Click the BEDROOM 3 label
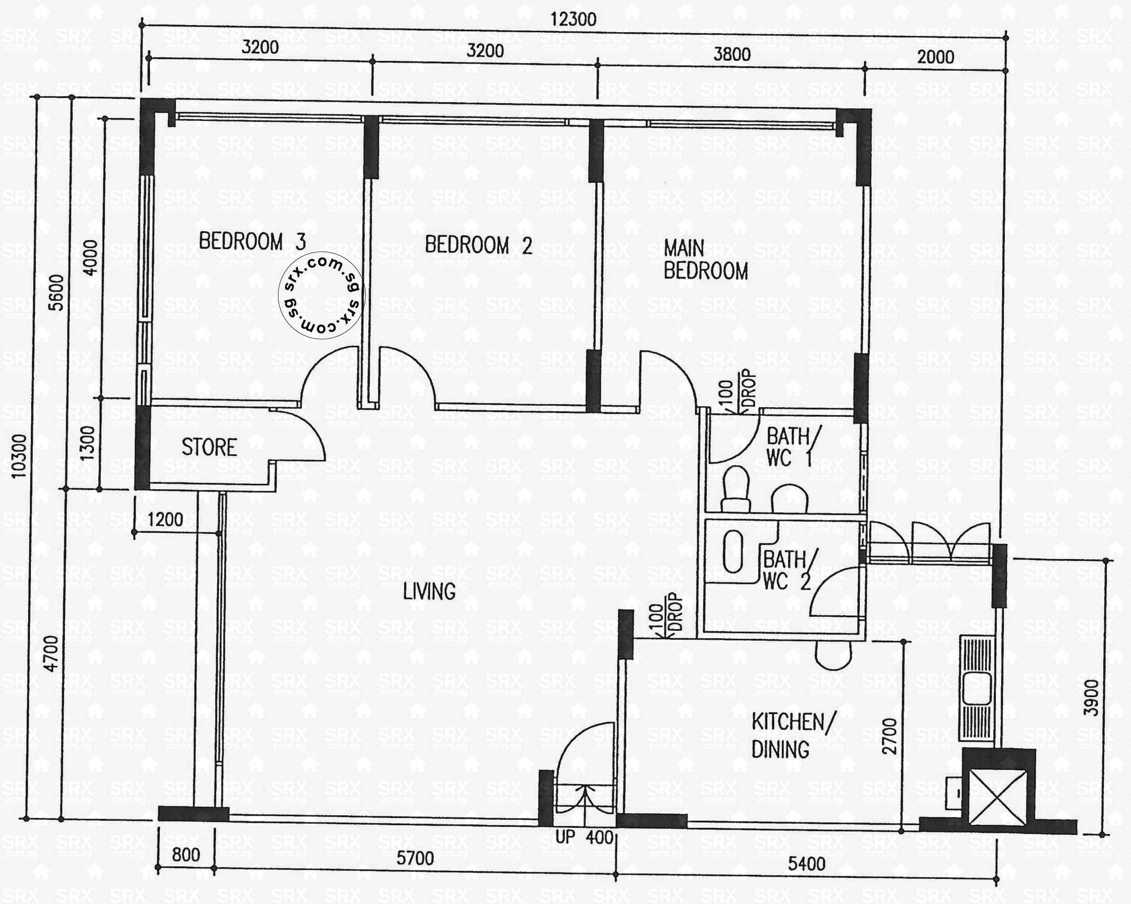pos(252,241)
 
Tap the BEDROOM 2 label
pos(478,245)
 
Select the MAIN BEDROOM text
pos(705,260)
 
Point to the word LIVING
pos(429,592)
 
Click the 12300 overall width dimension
pos(573,19)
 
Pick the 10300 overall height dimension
pos(19,456)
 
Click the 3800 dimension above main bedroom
pos(731,54)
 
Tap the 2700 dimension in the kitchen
pos(890,736)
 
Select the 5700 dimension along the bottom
pos(414,858)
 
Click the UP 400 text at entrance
pos(584,837)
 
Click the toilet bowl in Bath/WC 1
pos(735,489)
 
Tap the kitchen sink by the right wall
pos(977,688)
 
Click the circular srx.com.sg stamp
pos(320,296)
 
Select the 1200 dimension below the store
pos(165,520)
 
